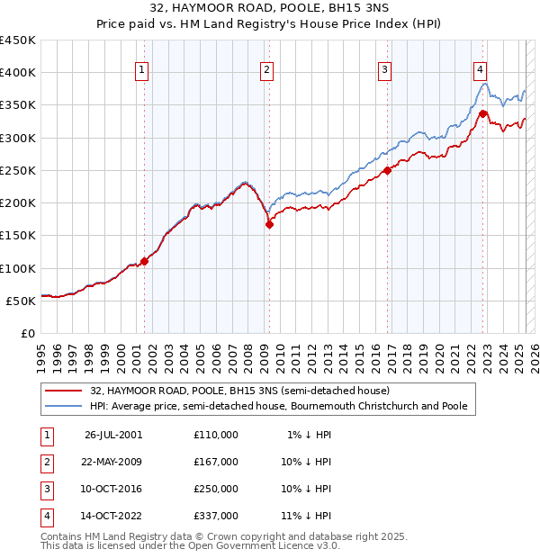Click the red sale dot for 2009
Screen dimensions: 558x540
coord(269,225)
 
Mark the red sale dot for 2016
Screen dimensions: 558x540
coord(387,170)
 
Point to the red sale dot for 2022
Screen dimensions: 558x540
coord(483,113)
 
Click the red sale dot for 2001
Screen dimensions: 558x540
coord(144,262)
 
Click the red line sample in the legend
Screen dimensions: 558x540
coord(65,391)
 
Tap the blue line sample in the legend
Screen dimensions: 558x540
coord(65,407)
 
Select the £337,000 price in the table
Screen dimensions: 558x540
coord(216,516)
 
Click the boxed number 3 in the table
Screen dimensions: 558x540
coord(46,489)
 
